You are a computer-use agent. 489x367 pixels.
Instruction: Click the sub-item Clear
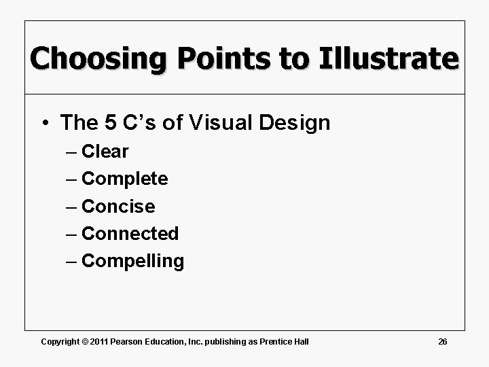point(105,152)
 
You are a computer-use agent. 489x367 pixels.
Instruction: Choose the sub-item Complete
point(124,179)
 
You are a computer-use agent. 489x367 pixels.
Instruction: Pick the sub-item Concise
point(118,206)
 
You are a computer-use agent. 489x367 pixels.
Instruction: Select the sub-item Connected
point(130,233)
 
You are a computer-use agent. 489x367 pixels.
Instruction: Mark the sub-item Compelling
point(132,260)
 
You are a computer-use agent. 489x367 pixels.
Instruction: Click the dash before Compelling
point(72,261)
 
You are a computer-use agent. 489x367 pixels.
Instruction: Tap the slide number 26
point(442,341)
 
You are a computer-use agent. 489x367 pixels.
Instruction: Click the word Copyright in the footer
point(59,341)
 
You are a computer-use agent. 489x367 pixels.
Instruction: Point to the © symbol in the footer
point(85,341)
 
